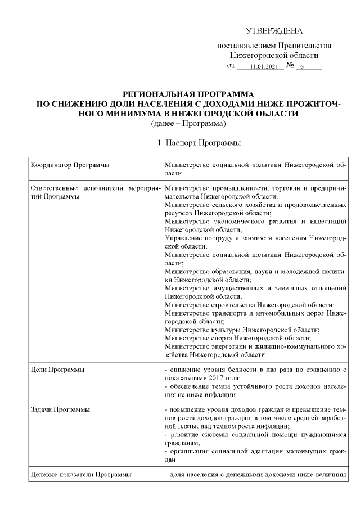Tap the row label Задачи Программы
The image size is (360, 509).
[x=61, y=408]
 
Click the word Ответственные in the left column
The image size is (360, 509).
[x=53, y=187]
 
